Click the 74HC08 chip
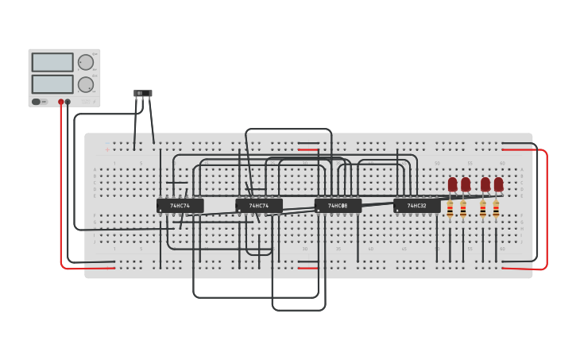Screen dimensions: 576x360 pyautogui.click(x=338, y=206)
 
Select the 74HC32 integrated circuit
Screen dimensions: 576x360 pyautogui.click(x=416, y=206)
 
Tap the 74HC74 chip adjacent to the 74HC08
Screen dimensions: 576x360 pyautogui.click(x=259, y=206)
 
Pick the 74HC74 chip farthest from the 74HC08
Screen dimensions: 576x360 pyautogui.click(x=180, y=206)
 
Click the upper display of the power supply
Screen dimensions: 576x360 pyautogui.click(x=52, y=62)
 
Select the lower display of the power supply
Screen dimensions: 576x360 pyautogui.click(x=52, y=83)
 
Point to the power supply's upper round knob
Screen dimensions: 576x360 pyautogui.click(x=86, y=62)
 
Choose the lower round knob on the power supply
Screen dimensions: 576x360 pyautogui.click(x=86, y=84)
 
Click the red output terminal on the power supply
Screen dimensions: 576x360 pyautogui.click(x=60, y=102)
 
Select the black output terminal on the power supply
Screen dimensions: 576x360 pyautogui.click(x=68, y=102)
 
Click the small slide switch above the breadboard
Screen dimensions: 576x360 pyautogui.click(x=143, y=94)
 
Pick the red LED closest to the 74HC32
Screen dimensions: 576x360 pyautogui.click(x=452, y=184)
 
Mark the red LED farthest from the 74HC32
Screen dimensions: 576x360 pyautogui.click(x=498, y=184)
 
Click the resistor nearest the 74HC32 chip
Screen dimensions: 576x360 pyautogui.click(x=450, y=210)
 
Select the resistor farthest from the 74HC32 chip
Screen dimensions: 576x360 pyautogui.click(x=496, y=210)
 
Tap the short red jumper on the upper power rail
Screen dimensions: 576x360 pyautogui.click(x=308, y=149)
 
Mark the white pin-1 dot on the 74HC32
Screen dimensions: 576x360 pyautogui.click(x=398, y=211)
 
